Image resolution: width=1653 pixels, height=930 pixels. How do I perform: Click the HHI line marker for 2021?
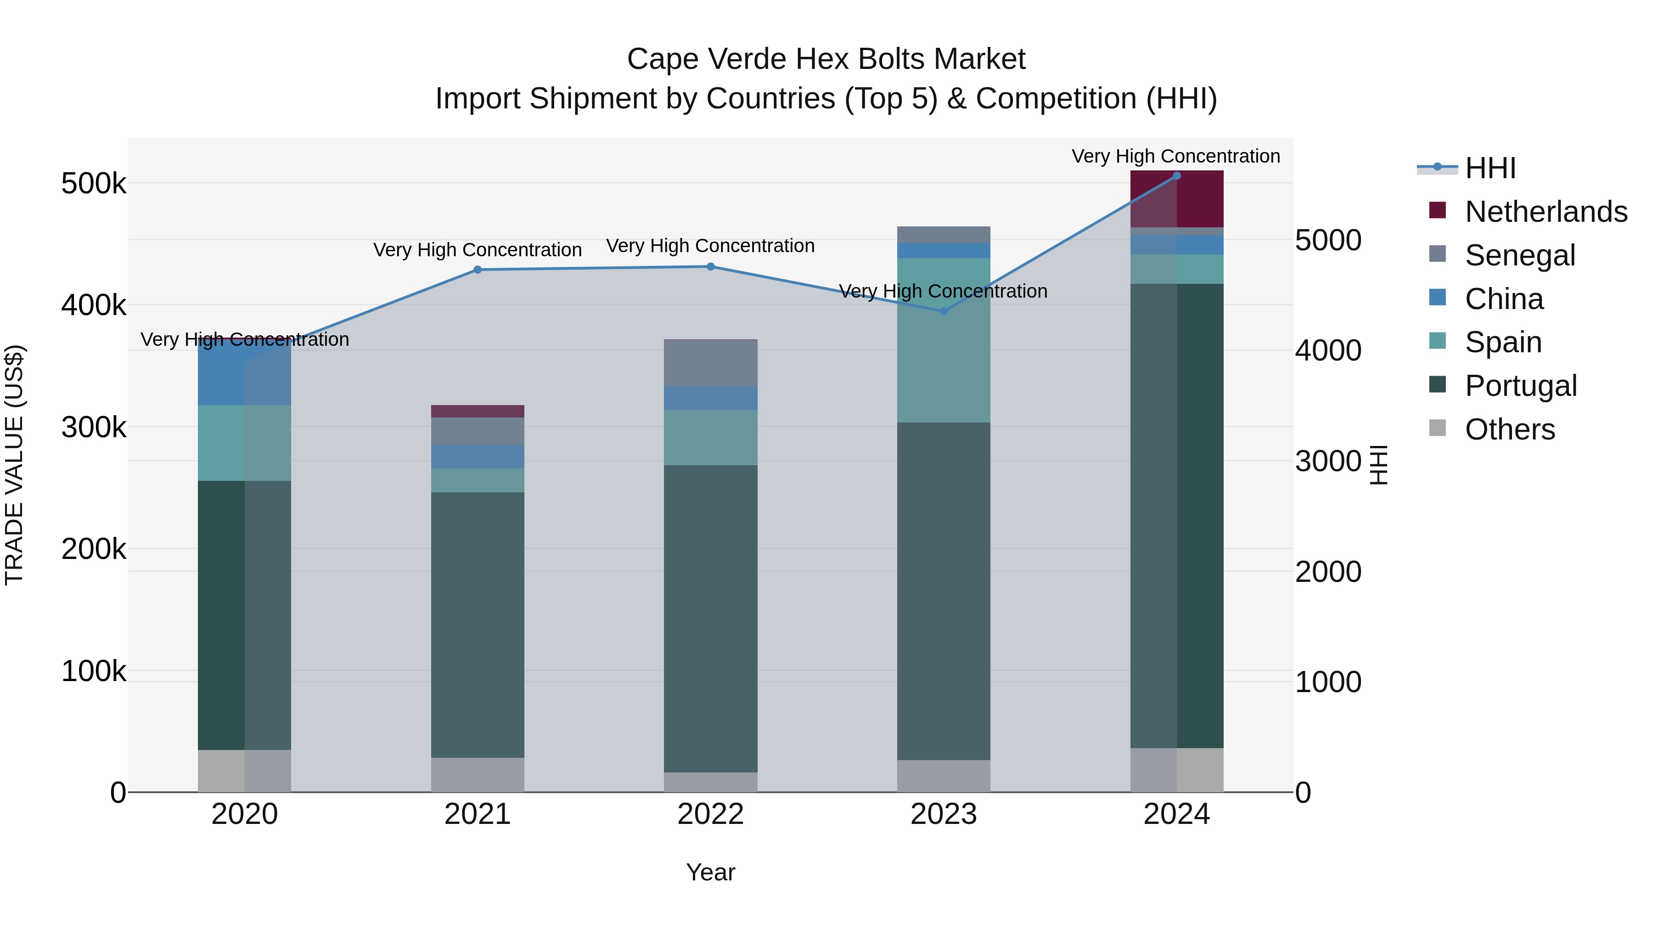(478, 270)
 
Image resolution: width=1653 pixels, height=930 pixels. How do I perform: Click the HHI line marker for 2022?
(710, 266)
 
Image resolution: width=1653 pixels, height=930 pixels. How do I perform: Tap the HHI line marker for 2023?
(943, 311)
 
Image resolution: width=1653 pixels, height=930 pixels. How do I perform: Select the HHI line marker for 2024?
(1176, 176)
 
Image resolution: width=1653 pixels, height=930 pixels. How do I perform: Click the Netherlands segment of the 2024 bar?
(1176, 199)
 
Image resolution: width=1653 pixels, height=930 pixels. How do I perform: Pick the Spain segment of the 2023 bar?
(943, 340)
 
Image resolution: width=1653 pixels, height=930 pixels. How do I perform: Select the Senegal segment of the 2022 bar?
(710, 363)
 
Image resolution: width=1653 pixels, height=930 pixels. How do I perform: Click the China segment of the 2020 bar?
(244, 372)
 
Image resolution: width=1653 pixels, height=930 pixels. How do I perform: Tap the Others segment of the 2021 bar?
(478, 775)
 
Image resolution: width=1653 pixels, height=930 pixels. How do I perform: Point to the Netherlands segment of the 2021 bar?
(478, 411)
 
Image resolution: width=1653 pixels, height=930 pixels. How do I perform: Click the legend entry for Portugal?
(1520, 386)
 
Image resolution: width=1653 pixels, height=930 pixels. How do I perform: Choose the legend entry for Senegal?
(1519, 255)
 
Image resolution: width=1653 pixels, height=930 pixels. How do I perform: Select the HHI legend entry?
(1490, 168)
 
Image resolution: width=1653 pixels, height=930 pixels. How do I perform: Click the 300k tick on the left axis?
(94, 427)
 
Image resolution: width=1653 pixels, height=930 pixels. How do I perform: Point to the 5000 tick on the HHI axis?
(1327, 240)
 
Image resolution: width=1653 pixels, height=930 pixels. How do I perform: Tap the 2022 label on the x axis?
(710, 814)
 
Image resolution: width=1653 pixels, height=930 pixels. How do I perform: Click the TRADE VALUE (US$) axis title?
(14, 465)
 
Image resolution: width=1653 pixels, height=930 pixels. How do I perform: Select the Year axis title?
(710, 872)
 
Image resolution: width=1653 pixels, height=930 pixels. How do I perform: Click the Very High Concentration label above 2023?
(943, 291)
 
